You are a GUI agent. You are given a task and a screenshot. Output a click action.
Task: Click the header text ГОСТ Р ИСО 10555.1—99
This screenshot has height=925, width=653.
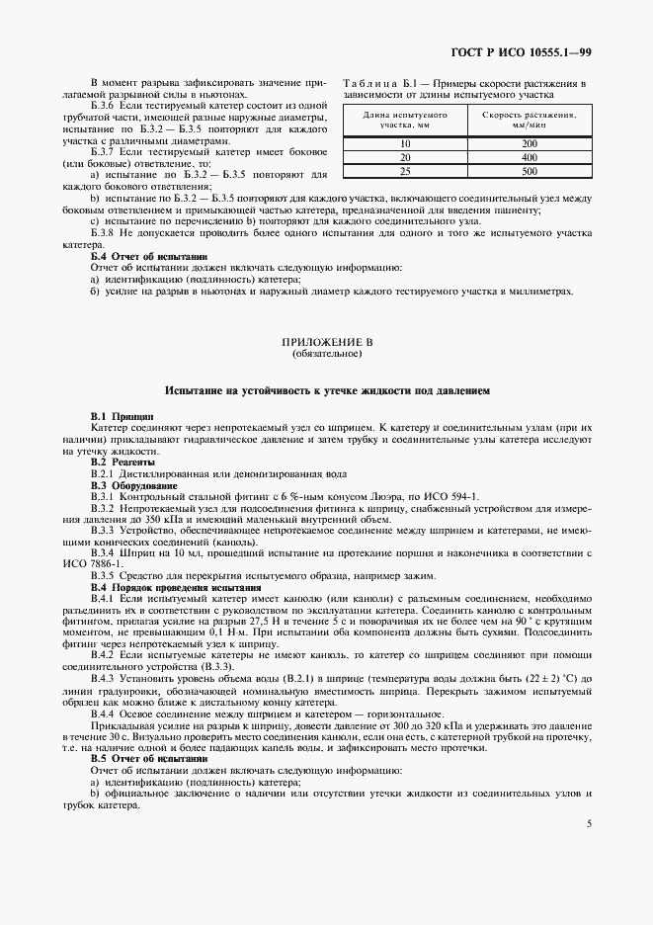click(534, 52)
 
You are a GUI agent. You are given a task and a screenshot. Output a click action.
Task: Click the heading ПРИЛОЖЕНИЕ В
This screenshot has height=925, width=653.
click(326, 341)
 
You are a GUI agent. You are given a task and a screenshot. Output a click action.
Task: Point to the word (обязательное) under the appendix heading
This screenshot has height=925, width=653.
click(326, 352)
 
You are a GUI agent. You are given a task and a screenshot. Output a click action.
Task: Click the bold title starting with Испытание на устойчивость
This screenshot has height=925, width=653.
click(326, 391)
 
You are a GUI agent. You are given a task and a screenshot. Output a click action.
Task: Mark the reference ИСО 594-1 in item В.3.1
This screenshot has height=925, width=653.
click(451, 496)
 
